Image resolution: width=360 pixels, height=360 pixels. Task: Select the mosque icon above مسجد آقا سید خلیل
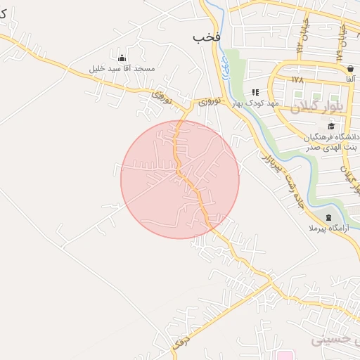122,58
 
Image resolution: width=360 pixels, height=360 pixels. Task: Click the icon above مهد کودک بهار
256,91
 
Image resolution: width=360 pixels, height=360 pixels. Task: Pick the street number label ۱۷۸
297,79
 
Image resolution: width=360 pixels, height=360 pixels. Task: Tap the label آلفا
349,79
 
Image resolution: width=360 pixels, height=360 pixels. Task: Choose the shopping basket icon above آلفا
350,68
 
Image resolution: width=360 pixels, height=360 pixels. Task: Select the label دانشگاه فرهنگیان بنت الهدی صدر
330,141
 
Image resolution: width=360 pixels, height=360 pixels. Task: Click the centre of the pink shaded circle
180,179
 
